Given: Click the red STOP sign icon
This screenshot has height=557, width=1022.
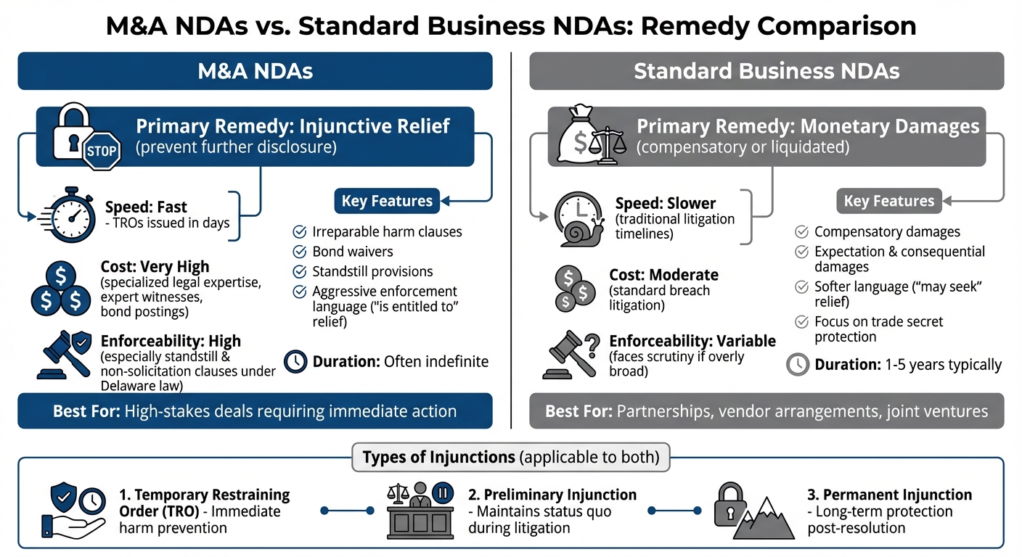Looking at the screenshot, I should tap(102, 152).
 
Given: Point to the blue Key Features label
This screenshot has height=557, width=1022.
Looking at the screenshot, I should tap(386, 201).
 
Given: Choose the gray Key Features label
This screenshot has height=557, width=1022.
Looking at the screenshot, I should tap(888, 201).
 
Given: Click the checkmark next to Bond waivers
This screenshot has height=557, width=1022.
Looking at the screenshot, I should tap(298, 252).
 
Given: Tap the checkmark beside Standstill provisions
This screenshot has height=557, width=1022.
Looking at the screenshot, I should tap(298, 272).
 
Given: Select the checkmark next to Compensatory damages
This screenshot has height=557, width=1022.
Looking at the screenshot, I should tap(801, 232).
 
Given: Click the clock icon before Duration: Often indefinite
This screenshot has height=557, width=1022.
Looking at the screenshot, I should tap(295, 361).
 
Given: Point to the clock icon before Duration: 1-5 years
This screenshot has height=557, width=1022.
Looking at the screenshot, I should tap(798, 364).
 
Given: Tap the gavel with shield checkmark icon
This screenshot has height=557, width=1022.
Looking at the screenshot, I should tap(64, 353).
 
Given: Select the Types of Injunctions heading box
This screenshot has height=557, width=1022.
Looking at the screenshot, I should tap(510, 458).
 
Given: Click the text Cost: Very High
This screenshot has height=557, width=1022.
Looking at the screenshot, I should tap(155, 268).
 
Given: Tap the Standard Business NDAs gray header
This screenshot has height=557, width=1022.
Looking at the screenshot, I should tap(766, 71).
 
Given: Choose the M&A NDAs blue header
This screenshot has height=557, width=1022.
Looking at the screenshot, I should tap(255, 71).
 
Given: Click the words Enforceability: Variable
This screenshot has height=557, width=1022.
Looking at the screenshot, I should tap(692, 341).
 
